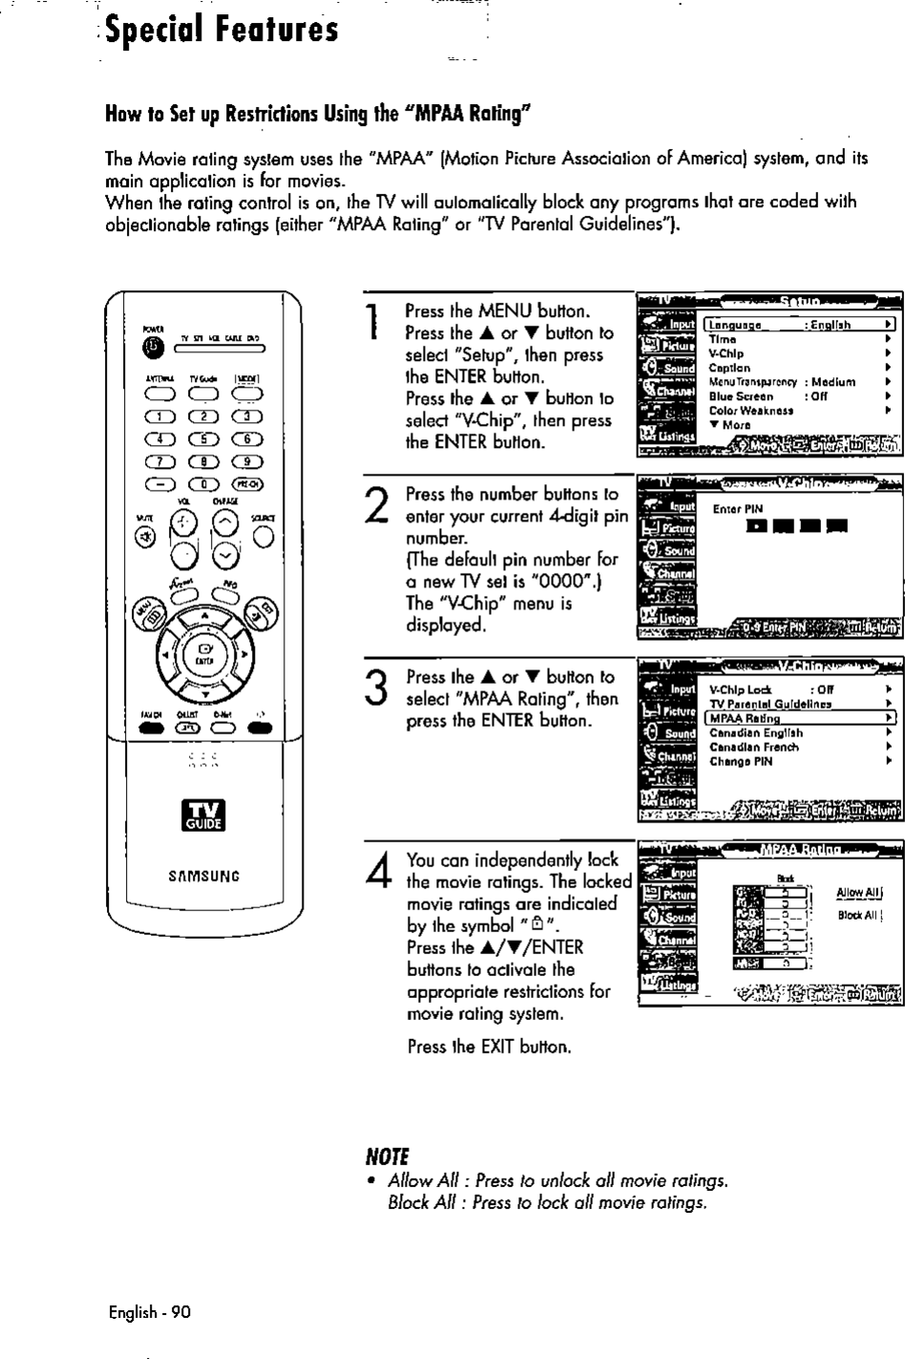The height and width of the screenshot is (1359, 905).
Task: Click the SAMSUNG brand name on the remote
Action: click(x=201, y=875)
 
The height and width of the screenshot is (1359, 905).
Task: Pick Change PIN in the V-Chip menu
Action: click(x=741, y=762)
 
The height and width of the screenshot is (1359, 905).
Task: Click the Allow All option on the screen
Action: click(x=857, y=893)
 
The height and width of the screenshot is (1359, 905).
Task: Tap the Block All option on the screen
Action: click(x=857, y=916)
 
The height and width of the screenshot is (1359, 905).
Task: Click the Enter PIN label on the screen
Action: click(x=732, y=510)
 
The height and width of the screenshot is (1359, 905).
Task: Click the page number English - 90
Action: click(x=150, y=1312)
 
